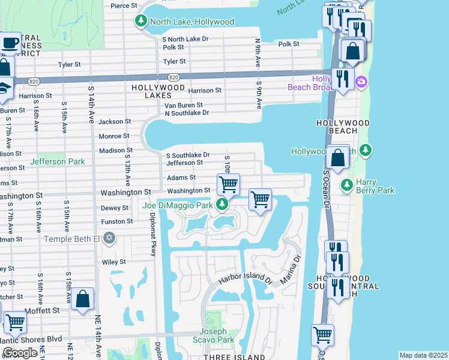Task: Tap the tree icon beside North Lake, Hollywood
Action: (141, 22)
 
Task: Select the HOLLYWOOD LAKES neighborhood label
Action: (158, 88)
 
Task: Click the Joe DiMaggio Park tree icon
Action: (223, 206)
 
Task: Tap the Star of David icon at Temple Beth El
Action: (109, 239)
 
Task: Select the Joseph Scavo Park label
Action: (214, 335)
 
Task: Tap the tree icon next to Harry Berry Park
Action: (346, 185)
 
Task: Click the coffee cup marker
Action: (10, 43)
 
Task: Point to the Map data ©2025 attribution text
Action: (423, 355)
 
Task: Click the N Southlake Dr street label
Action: (187, 113)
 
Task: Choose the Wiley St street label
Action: (113, 262)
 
